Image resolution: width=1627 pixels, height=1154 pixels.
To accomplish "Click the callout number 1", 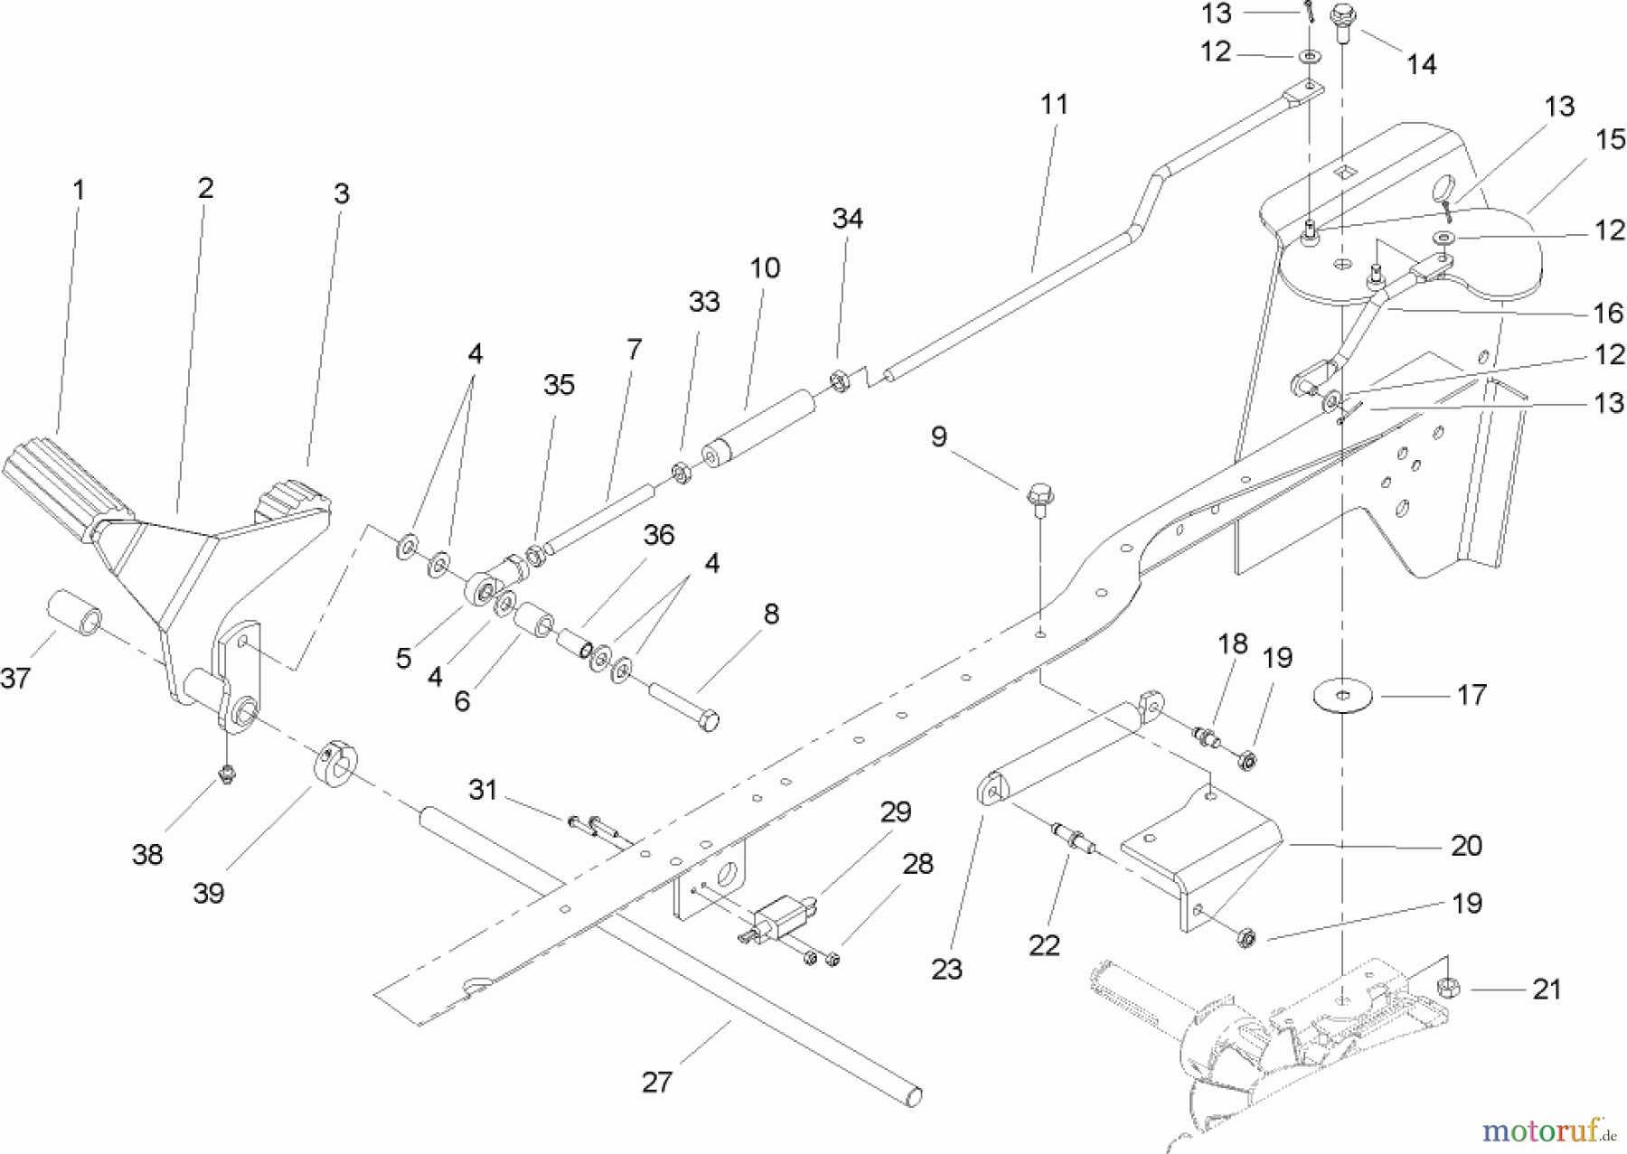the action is (x=79, y=191).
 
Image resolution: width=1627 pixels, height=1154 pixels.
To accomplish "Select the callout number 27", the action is (x=657, y=1083).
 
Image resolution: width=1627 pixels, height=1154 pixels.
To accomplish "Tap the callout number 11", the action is (x=1054, y=105).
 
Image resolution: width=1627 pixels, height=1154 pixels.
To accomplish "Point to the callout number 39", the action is (x=209, y=892).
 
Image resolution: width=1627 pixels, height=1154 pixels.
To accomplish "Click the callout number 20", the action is (x=1466, y=845).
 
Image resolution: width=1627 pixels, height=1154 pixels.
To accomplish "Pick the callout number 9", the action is (x=939, y=436).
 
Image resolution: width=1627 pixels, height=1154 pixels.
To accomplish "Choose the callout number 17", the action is (x=1472, y=694).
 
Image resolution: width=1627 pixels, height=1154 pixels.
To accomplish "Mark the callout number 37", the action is (x=15, y=677).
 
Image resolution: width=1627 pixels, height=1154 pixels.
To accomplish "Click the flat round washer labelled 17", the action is (x=1342, y=697).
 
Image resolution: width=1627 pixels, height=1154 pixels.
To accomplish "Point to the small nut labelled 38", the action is (x=226, y=773).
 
